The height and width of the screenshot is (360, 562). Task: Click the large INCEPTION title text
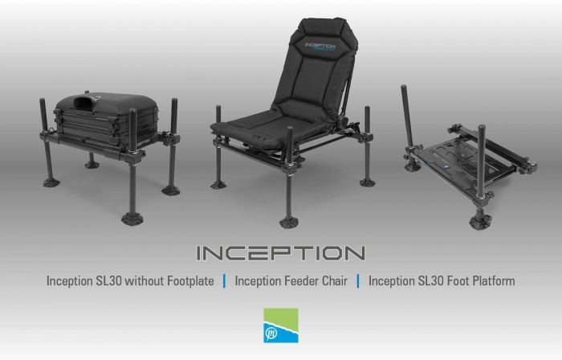tap(281, 253)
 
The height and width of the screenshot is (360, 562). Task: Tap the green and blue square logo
tap(281, 325)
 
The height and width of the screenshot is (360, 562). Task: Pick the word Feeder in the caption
tap(301, 280)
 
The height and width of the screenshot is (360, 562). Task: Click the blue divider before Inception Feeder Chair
tap(224, 281)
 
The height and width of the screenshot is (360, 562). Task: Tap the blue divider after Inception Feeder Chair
tap(358, 281)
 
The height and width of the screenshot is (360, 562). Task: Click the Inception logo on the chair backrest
tap(320, 47)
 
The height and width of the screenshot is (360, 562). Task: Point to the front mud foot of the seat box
tap(132, 218)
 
